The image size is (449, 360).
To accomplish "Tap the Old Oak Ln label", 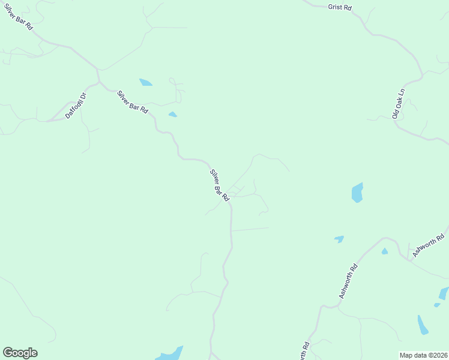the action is coord(399,104).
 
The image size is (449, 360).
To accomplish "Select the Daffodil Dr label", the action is coord(76,105).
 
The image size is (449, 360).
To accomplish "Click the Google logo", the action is coord(20,353).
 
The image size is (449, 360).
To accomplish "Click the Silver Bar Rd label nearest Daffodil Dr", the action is coord(133,103).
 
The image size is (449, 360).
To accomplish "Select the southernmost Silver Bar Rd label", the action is coord(220,185).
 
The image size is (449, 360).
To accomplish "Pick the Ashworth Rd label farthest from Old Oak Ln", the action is coord(348,281).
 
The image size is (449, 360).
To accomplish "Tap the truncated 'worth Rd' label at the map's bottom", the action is coord(304,352).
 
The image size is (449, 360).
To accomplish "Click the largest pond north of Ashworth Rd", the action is coord(357,193).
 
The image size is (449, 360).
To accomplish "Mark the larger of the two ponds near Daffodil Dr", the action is coord(146,82).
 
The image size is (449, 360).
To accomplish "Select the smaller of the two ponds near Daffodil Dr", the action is coord(173,114).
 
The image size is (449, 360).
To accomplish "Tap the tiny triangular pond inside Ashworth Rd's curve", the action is coord(384,251).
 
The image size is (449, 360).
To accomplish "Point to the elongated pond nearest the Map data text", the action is coord(423,325).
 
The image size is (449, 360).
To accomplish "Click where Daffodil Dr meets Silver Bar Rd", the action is coord(98,82).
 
